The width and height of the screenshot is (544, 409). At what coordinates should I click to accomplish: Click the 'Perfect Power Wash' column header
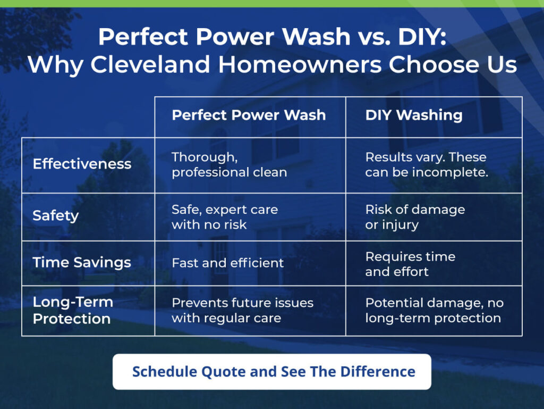tap(249, 115)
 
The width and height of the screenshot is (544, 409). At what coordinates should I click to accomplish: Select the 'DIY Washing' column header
tap(413, 115)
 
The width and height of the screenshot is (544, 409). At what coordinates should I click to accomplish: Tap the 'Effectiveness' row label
tap(82, 163)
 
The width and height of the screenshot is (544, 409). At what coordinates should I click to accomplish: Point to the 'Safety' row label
tap(55, 215)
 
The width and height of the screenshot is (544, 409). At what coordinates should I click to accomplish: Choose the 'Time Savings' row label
tap(82, 263)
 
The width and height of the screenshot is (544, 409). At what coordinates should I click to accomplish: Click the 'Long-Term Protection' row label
tap(73, 310)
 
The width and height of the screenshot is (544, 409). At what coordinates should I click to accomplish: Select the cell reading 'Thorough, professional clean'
tap(229, 164)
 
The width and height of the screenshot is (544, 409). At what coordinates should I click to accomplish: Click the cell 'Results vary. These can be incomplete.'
tap(427, 164)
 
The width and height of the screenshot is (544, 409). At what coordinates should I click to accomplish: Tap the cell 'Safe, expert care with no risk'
tap(225, 217)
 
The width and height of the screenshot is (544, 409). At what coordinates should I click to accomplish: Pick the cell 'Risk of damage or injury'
tap(415, 217)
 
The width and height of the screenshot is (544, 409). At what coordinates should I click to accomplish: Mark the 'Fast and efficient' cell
tap(227, 263)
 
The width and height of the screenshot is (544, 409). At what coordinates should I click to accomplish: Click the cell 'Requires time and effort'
tap(410, 264)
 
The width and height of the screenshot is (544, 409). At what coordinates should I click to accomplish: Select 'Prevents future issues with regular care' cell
tap(242, 311)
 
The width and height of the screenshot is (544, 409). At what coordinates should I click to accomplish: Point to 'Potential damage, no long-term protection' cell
tap(435, 311)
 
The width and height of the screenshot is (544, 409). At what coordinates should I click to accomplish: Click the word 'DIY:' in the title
tap(422, 37)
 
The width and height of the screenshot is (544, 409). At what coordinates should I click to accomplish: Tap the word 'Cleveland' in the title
tap(150, 64)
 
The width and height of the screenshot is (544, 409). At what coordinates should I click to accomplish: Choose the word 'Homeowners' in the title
tap(300, 64)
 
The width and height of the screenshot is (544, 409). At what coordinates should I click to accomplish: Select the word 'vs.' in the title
tap(373, 37)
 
